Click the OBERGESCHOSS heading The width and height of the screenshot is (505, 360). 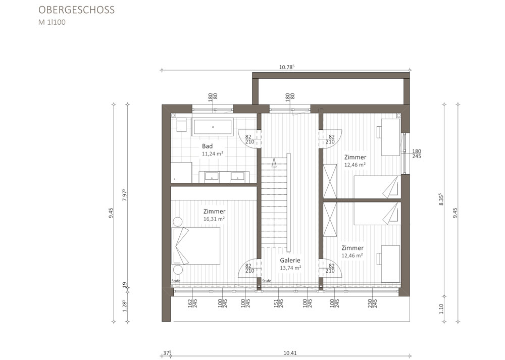pyautogui.click(x=76, y=10)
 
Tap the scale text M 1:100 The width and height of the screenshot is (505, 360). pyautogui.click(x=52, y=23)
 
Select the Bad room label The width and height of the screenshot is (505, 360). pyautogui.click(x=208, y=146)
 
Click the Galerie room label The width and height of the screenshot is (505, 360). pyautogui.click(x=290, y=261)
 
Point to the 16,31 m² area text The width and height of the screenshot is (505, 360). pyautogui.click(x=214, y=219)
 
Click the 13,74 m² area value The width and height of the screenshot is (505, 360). pyautogui.click(x=290, y=268)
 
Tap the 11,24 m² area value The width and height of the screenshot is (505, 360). pyautogui.click(x=213, y=154)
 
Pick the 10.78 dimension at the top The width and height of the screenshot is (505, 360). pyautogui.click(x=287, y=67)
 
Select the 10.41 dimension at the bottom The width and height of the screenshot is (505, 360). pyautogui.click(x=290, y=353)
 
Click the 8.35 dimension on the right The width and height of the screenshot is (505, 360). pyautogui.click(x=441, y=199)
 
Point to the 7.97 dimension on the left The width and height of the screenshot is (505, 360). pyautogui.click(x=125, y=195)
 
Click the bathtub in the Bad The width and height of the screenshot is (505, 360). pyautogui.click(x=213, y=127)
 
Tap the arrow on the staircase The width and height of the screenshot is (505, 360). pyautogui.click(x=274, y=163)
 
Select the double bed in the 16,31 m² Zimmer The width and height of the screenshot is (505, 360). pyautogui.click(x=196, y=246)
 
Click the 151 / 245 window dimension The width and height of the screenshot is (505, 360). pyautogui.click(x=278, y=303)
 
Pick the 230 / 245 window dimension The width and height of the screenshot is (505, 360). pyautogui.click(x=372, y=303)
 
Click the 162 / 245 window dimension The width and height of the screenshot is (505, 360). pyautogui.click(x=192, y=303)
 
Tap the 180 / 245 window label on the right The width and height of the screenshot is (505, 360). pyautogui.click(x=417, y=154)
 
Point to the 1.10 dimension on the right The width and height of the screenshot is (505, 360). pyautogui.click(x=441, y=309)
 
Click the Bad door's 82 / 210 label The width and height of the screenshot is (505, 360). pyautogui.click(x=249, y=139)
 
